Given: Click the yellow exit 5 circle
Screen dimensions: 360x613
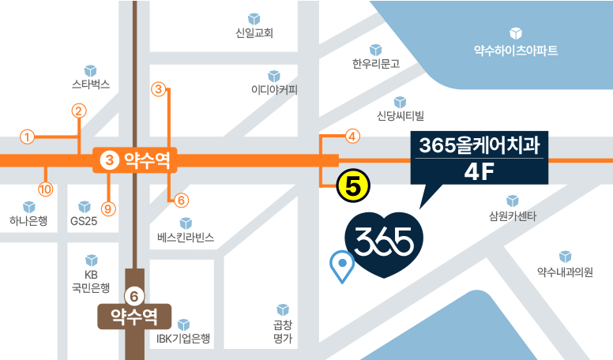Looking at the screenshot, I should [x=353, y=186].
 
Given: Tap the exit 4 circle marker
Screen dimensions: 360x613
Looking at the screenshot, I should [x=353, y=136].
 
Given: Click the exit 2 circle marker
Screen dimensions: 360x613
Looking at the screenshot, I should [x=78, y=111].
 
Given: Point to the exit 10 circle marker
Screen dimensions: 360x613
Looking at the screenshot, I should [x=45, y=189].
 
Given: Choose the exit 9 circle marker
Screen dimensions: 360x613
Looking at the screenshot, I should [x=109, y=208].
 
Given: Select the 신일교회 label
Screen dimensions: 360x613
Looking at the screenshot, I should [x=254, y=33].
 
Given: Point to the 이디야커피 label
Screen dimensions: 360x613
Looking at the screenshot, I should [x=274, y=88].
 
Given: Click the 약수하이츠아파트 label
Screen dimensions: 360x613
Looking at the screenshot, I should [x=515, y=51].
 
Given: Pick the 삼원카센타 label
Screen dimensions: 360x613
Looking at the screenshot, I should [x=513, y=215].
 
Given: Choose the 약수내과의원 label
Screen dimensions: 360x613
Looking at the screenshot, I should [x=564, y=272].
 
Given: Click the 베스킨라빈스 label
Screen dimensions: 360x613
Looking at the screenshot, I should [x=186, y=236].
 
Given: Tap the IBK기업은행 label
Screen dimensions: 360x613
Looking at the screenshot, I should [x=183, y=339].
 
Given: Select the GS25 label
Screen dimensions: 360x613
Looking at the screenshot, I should [x=83, y=220].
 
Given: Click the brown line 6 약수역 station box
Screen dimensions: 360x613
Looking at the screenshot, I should [x=134, y=317].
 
